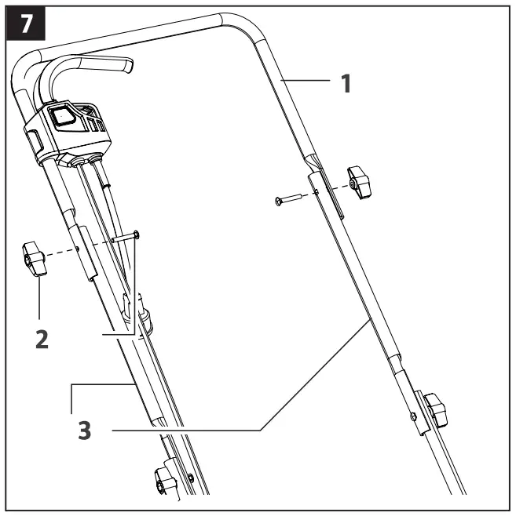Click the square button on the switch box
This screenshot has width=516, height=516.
point(62,117)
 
